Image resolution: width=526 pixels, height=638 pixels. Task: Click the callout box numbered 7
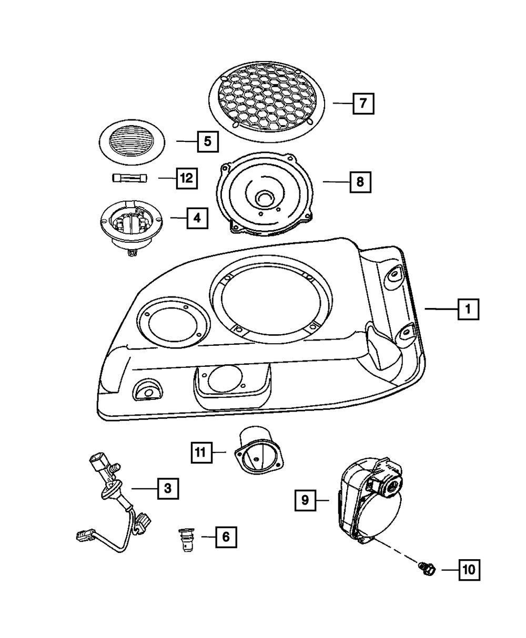pos(363,104)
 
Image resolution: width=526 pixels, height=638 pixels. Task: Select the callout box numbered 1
pos(468,309)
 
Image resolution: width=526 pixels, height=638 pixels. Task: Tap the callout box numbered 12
pos(187,178)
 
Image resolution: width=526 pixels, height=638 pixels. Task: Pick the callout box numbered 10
pos(469,570)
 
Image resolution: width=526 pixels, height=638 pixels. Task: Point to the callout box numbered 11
pos(201,452)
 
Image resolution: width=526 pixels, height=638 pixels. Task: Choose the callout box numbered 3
pos(168,489)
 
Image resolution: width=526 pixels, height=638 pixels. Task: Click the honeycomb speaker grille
pos(266,102)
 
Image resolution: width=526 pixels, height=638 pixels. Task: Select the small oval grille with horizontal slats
pos(132,142)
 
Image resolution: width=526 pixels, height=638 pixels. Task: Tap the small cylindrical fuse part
pos(130,178)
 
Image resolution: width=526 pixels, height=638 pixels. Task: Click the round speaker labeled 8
pos(265,194)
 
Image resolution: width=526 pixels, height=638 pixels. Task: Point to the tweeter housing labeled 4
pos(131,227)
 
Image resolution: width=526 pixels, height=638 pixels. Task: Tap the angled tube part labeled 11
pos(258,451)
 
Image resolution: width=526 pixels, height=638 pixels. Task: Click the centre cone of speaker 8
pos(265,198)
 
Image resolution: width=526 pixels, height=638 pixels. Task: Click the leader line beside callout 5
pos(187,141)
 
